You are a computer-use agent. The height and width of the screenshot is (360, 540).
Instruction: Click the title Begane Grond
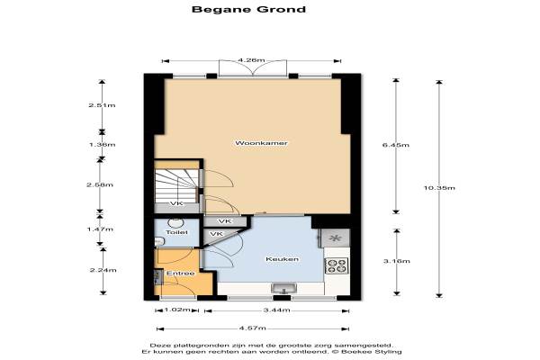point(248,9)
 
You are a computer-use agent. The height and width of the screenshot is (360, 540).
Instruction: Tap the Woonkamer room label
point(261,143)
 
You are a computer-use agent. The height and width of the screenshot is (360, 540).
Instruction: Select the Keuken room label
point(282,259)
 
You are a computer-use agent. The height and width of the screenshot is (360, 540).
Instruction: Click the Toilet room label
point(176,232)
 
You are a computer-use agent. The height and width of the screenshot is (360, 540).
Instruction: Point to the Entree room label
point(181,274)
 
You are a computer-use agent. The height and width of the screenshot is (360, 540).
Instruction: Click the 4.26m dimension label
point(251,60)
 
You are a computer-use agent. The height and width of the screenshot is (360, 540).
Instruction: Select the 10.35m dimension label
point(439,188)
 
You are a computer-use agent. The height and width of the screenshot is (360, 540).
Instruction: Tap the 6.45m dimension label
point(396,145)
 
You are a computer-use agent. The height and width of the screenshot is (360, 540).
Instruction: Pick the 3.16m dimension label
point(397,261)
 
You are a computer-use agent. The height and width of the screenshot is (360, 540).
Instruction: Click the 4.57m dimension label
point(252,328)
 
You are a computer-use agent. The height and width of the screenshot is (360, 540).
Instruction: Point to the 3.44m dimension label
point(276,310)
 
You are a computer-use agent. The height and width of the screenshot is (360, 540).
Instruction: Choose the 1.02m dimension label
point(177,310)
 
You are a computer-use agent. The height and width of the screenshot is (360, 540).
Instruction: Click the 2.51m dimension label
point(102,105)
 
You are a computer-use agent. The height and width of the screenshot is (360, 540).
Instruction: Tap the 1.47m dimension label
point(100,229)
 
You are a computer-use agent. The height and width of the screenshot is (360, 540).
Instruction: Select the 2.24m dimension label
point(103,270)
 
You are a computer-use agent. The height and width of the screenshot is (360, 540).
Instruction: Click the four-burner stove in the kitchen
point(337,265)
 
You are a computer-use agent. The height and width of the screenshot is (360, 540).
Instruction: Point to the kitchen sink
point(283,288)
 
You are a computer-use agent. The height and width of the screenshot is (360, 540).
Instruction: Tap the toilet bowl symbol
point(176,223)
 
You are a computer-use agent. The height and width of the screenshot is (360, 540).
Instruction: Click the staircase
point(176,186)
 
